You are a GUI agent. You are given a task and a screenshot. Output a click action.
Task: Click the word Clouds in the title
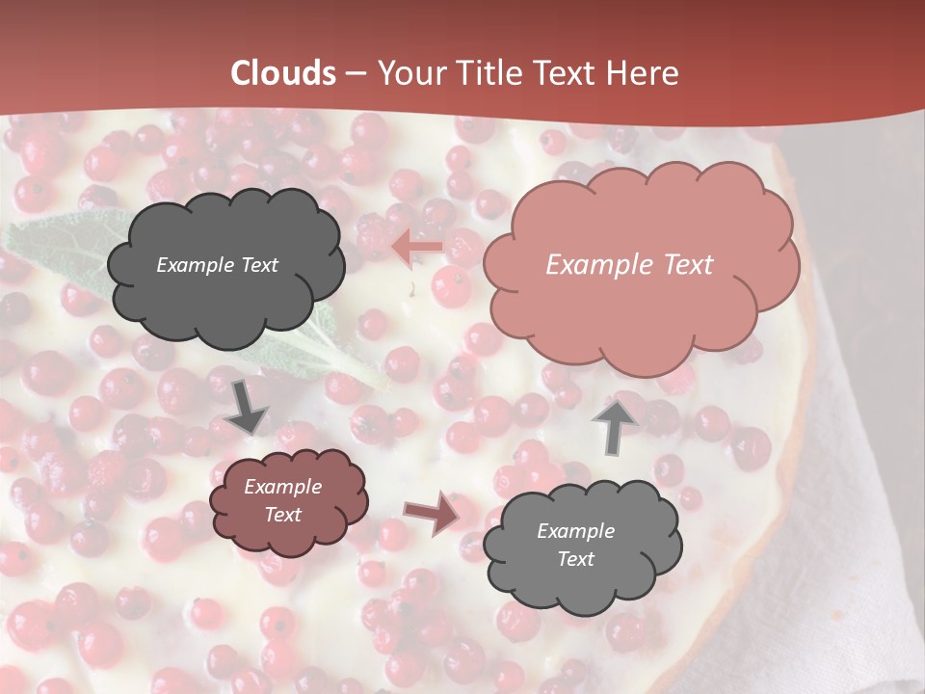pos(283,73)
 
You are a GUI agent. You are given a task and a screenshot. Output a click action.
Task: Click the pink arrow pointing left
pos(417,248)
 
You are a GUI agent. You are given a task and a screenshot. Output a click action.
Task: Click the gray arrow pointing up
pos(614,425)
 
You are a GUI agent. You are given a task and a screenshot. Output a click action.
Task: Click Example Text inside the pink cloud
pos(629,265)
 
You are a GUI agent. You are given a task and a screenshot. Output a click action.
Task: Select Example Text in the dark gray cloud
pos(217,265)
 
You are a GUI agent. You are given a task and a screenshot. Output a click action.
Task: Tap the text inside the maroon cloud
pos(282,501)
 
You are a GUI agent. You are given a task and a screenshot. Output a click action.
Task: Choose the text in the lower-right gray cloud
pos(575,545)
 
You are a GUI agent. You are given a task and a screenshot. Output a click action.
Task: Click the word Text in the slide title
pos(572,73)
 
